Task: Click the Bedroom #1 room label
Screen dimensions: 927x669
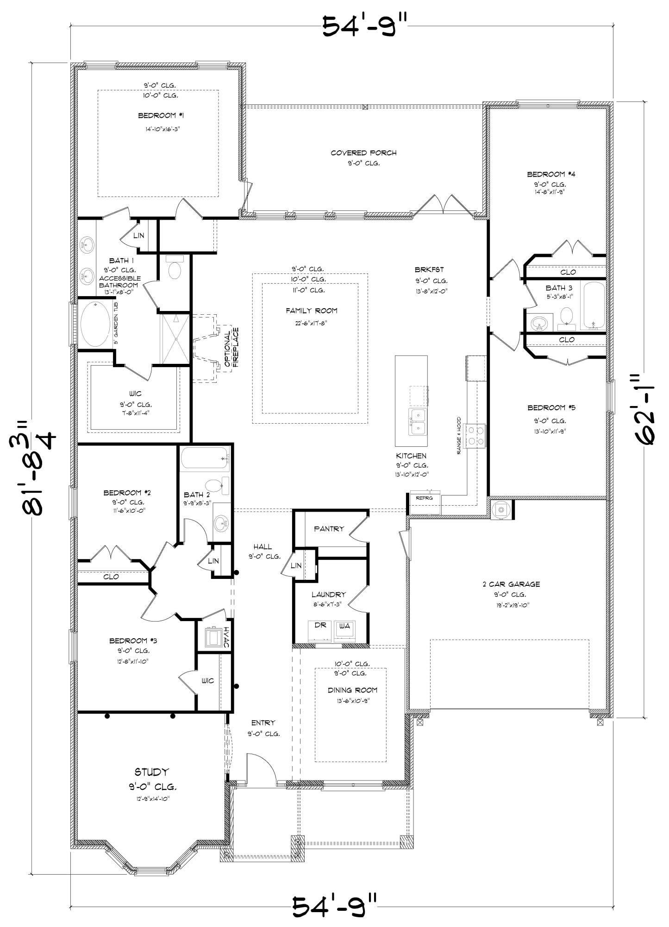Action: coord(157,115)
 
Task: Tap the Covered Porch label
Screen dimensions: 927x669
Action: coord(363,152)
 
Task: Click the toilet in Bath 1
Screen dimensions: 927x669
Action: coord(175,269)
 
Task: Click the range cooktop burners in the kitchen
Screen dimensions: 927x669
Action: coord(475,436)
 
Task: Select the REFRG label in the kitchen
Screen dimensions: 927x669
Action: coord(424,498)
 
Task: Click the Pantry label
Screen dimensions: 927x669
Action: coord(329,528)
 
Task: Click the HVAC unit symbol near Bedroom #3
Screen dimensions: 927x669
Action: coord(213,637)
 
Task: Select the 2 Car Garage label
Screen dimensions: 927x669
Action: coord(511,584)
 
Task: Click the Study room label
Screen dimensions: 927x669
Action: coord(152,772)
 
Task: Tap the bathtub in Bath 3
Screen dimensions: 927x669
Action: coord(593,306)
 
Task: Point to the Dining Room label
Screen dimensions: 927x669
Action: coord(352,690)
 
